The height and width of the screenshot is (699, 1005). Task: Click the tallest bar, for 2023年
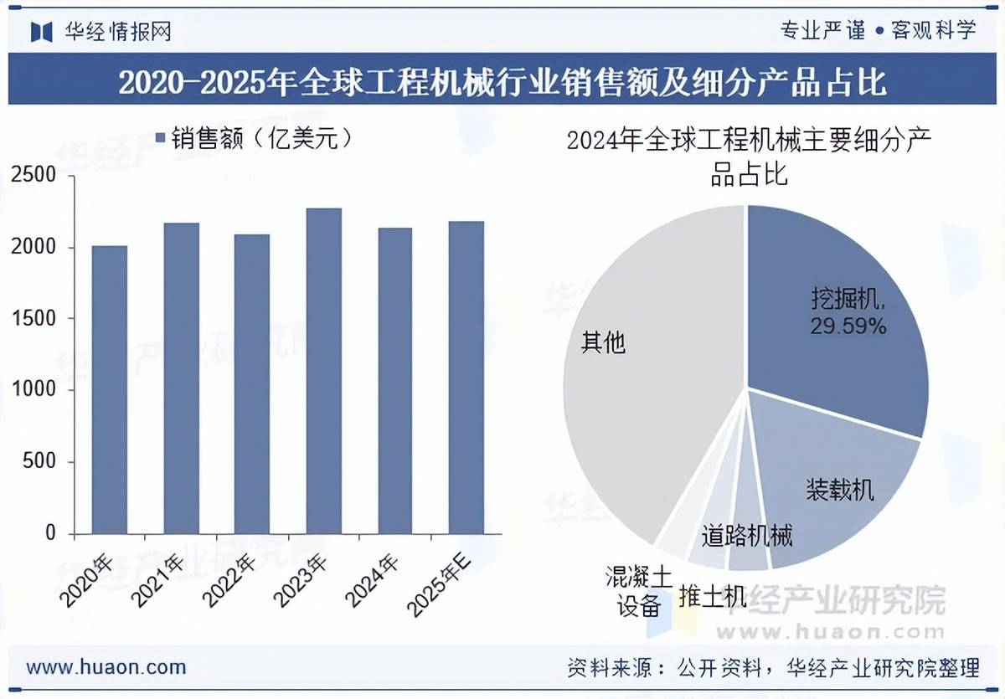point(323,371)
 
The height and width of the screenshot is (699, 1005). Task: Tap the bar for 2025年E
point(466,378)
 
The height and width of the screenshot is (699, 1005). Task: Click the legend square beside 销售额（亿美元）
point(161,138)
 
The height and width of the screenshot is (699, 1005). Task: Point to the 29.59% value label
point(848,326)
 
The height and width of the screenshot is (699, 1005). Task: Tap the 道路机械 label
point(747,536)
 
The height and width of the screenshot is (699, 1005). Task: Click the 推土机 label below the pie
point(712,596)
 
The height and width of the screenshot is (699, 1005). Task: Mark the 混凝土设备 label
point(639,591)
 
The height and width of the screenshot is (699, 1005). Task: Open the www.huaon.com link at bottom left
point(106,667)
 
